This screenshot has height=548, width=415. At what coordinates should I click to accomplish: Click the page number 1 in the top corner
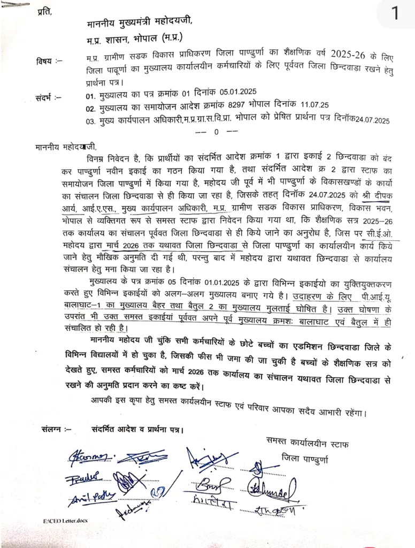[x=395, y=13]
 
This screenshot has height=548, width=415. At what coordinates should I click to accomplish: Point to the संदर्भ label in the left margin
[x=48, y=98]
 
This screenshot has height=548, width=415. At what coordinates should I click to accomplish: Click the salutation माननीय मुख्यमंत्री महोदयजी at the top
[x=137, y=21]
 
